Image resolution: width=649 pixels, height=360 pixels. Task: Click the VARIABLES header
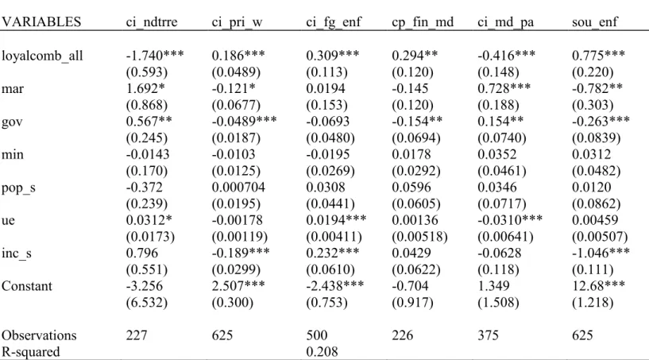(41, 22)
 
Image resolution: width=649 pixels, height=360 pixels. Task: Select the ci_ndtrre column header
(152, 22)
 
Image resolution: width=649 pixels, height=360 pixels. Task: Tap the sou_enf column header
(595, 22)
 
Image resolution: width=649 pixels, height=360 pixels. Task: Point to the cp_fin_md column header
(423, 22)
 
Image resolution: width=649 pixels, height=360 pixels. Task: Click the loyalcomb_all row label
(42, 56)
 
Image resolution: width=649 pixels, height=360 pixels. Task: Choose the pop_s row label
(18, 188)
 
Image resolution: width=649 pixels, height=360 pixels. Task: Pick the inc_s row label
(17, 254)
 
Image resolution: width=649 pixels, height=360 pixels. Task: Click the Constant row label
(27, 286)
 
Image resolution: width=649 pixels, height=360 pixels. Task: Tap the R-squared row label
(31, 352)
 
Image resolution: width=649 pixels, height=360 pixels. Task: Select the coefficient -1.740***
(155, 55)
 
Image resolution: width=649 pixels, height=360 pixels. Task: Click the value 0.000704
(238, 188)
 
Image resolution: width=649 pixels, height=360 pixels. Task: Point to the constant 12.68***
(598, 286)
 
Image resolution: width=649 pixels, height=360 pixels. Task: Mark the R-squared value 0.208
(322, 352)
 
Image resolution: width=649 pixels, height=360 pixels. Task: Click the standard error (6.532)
(146, 303)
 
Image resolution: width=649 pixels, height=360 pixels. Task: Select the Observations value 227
(137, 335)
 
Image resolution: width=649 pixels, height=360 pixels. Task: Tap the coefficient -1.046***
(601, 253)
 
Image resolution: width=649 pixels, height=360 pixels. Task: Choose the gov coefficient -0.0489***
(244, 122)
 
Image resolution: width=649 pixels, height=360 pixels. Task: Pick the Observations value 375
(488, 335)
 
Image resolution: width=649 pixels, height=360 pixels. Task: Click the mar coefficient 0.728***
(504, 88)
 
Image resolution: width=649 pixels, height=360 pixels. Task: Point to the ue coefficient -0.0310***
(510, 220)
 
